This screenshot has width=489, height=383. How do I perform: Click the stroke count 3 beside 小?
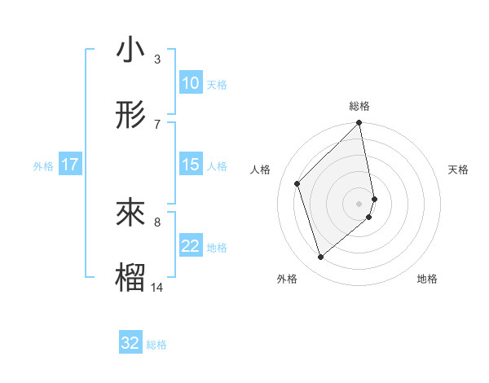click(x=157, y=59)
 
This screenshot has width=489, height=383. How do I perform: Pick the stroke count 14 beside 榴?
click(x=157, y=287)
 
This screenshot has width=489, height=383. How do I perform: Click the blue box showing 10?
click(x=190, y=83)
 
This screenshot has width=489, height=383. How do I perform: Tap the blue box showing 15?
click(x=190, y=165)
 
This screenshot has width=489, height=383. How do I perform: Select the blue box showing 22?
click(x=190, y=246)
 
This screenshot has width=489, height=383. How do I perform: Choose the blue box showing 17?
click(x=70, y=165)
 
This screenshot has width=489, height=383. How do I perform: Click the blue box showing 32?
click(x=130, y=343)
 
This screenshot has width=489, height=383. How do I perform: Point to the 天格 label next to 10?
click(x=217, y=85)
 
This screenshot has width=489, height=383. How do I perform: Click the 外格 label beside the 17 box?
click(x=43, y=166)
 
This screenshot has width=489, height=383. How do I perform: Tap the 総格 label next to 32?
click(x=156, y=345)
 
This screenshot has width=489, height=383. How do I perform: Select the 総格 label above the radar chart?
click(x=359, y=106)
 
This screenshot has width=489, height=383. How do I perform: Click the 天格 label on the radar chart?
click(x=458, y=169)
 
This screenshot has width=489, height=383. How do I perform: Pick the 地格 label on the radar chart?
click(x=427, y=279)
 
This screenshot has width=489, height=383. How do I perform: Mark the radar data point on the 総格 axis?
click(x=359, y=123)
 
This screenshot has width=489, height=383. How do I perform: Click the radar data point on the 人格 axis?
click(x=297, y=183)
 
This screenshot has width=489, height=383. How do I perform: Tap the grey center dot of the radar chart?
click(x=359, y=203)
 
